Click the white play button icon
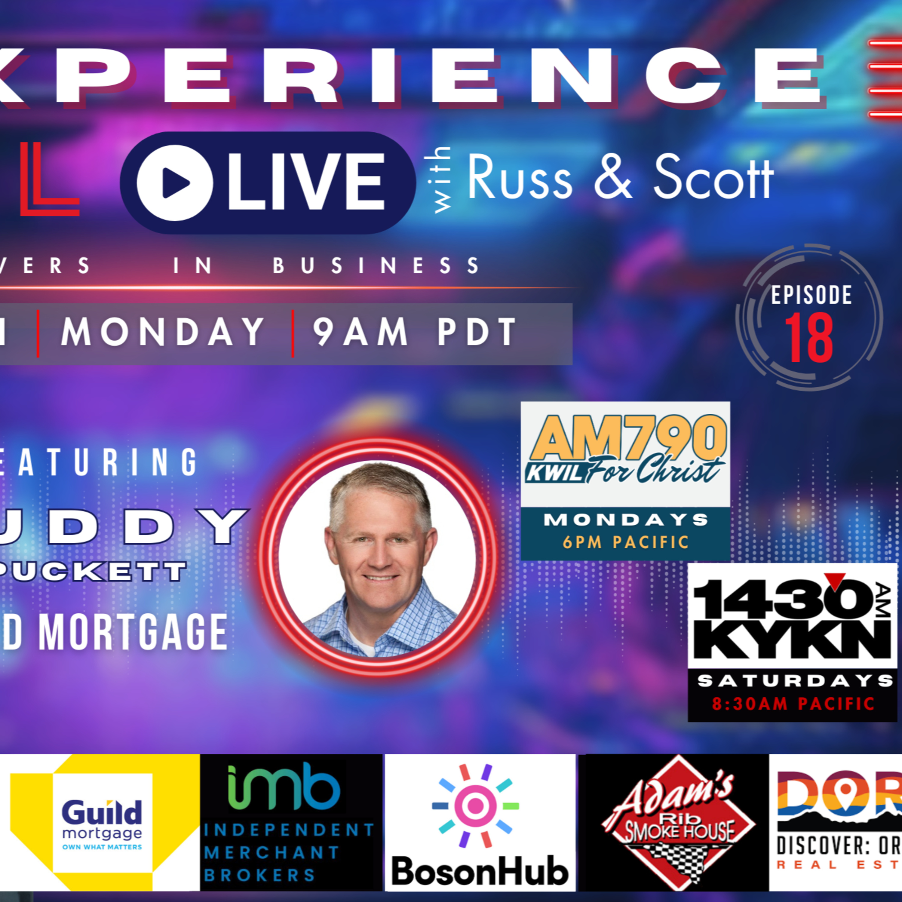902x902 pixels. tap(175, 183)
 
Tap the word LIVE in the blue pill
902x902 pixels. tap(306, 183)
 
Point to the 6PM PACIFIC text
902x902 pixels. tap(626, 542)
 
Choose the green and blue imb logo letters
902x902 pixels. tap(284, 787)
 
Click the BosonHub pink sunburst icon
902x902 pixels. tap(475, 805)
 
